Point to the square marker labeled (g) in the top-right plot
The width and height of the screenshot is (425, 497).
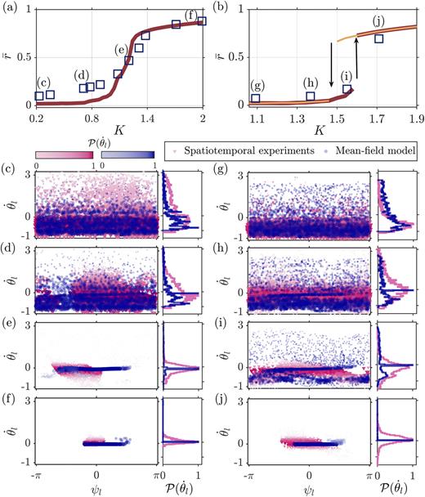[x=256, y=99]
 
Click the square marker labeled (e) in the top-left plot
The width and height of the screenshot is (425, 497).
[x=128, y=60]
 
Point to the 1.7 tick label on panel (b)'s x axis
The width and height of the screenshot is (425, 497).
[x=377, y=119]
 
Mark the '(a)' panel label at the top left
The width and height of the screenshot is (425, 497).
[x=10, y=8]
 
